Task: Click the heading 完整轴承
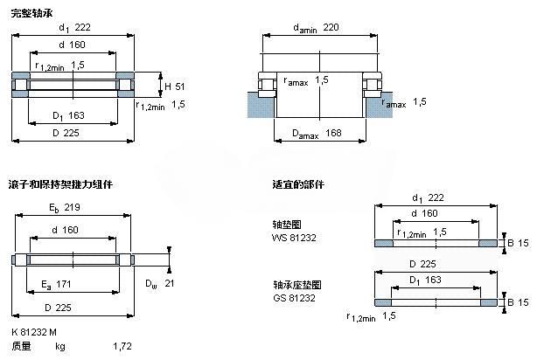30,10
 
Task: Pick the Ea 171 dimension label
56,285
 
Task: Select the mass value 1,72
122,347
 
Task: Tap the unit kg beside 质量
60,347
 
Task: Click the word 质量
21,347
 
